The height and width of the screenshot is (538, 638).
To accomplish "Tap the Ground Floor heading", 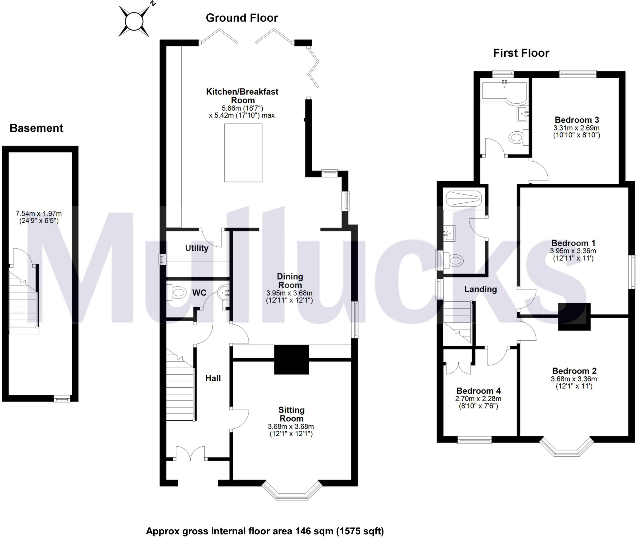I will [242, 18].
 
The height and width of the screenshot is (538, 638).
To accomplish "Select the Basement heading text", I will [36, 128].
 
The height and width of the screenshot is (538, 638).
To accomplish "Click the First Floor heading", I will [521, 53].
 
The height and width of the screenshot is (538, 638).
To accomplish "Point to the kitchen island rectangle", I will [243, 153].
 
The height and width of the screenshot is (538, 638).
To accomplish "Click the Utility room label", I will [197, 248].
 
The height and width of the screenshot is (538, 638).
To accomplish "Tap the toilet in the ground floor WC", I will [177, 293].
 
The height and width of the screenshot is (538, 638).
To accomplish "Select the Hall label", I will [213, 378].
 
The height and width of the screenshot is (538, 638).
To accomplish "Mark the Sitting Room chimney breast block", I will [292, 359].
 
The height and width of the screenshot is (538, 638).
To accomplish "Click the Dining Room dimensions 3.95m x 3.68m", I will [289, 293].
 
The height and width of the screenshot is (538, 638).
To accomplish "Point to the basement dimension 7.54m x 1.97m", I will [39, 214].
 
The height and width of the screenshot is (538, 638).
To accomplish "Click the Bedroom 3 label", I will [577, 120].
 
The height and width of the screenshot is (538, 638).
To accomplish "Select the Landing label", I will [480, 289].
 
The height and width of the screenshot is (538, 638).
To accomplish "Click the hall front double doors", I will [190, 453].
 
